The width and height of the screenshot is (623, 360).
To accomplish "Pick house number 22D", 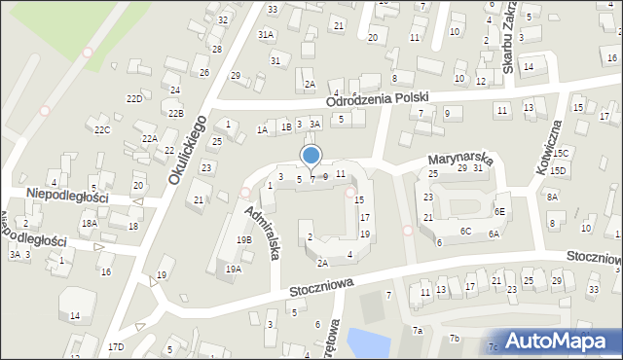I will (135, 99).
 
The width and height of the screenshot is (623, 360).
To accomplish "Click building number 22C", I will (102, 129).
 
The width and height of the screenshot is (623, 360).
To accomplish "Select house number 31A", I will (266, 33).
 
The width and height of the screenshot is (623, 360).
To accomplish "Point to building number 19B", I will (243, 239).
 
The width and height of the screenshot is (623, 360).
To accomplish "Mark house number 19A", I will (233, 269).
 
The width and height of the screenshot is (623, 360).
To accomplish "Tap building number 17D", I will (117, 346).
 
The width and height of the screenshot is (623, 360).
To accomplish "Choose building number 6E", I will (499, 211).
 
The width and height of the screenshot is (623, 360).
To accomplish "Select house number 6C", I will (466, 231).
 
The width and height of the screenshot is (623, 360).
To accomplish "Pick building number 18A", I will (90, 223).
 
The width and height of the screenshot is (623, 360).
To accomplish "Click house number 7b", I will (454, 338).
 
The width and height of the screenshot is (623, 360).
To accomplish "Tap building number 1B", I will (285, 126).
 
